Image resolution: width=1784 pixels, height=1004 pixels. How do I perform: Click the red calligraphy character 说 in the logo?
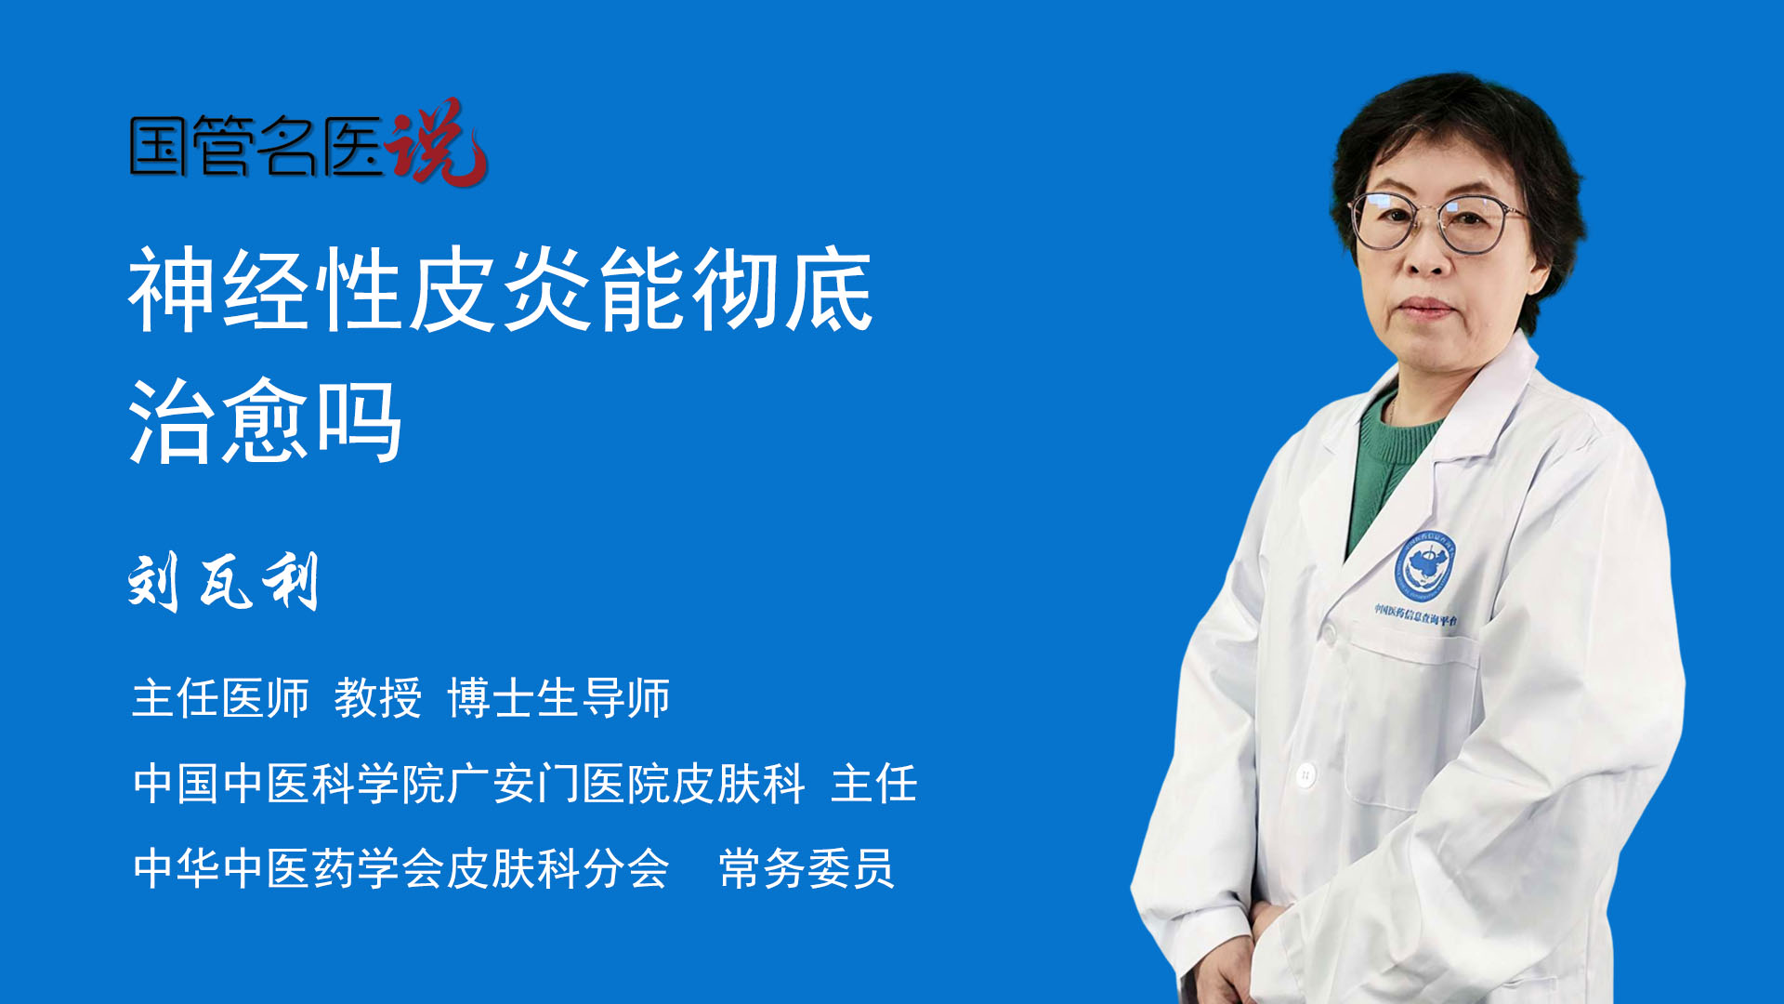(x=438, y=142)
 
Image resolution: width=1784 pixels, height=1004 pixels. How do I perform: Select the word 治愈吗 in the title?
(x=266, y=421)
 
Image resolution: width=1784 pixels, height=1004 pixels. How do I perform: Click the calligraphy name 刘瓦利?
(x=224, y=582)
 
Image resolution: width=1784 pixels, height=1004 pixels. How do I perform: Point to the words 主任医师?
(x=220, y=698)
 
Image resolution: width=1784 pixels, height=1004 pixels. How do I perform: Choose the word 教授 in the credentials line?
(x=378, y=698)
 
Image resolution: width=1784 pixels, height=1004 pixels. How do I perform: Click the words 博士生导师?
(x=558, y=698)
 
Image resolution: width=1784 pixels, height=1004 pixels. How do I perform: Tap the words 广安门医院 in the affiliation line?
(x=557, y=784)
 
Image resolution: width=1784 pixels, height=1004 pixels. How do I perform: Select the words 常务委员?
(x=807, y=869)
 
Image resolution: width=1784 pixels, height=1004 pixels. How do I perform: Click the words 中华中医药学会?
(x=288, y=869)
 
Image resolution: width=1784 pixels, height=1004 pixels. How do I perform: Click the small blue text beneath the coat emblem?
(x=1416, y=614)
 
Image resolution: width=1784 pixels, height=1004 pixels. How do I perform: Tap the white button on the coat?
(x=1305, y=773)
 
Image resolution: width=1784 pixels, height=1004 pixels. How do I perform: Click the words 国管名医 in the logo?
(x=256, y=147)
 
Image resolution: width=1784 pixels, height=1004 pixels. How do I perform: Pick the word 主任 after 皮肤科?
(x=873, y=784)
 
